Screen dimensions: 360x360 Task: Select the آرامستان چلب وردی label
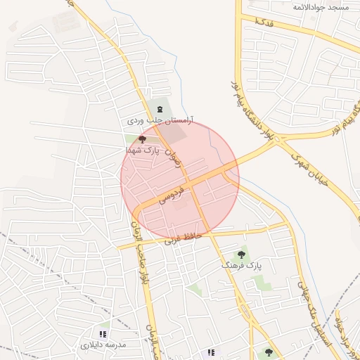coord(160,121)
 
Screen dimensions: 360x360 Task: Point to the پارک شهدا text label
coord(143,150)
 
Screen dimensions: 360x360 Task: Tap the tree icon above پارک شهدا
coord(143,140)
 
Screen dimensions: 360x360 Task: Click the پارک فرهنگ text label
coord(241,265)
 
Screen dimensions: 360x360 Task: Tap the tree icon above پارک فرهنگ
coord(241,254)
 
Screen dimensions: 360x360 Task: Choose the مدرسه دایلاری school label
coord(103,345)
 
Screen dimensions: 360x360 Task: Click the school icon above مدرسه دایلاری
coord(103,334)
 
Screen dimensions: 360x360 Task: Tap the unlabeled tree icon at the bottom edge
coord(269,352)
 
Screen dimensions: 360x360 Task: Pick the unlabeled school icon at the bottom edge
coord(210,352)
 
